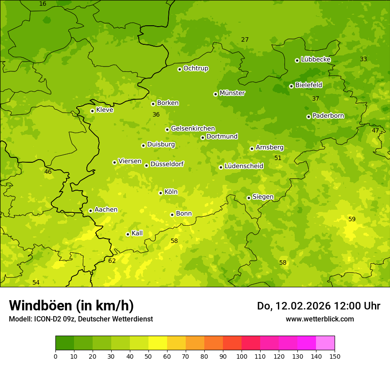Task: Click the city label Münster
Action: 232,93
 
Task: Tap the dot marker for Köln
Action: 160,193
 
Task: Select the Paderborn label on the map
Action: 328,116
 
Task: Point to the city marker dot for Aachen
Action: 90,211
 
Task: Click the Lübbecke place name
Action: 316,59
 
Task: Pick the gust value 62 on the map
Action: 112,261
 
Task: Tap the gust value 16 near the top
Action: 43,4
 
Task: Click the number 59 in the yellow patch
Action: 352,219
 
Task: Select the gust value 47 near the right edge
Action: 375,130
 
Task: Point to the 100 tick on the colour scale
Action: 242,356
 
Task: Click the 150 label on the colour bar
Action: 335,356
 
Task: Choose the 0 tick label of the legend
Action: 55,356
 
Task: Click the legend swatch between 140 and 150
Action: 325,343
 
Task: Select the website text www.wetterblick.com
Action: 320,319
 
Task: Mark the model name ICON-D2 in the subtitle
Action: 46,319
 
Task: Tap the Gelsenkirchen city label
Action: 193,129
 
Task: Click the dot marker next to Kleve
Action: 92,111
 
